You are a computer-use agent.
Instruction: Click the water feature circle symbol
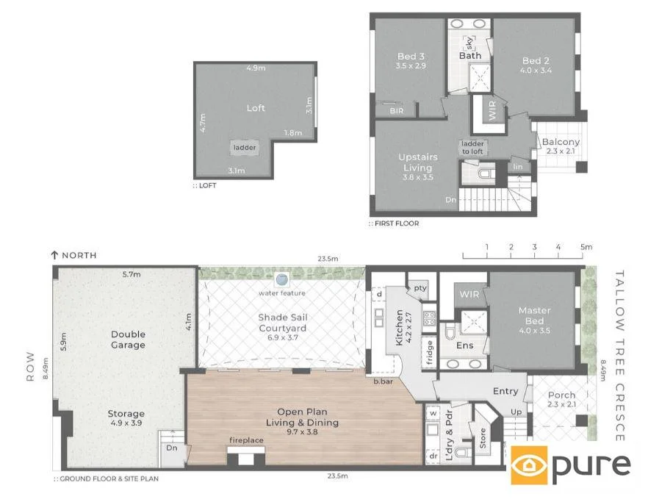click(281, 279)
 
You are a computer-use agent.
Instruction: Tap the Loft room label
click(256, 108)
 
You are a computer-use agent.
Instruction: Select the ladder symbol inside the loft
click(245, 148)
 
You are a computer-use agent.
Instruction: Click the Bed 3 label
click(410, 57)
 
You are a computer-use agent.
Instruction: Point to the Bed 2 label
click(536, 61)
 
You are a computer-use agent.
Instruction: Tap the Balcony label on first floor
click(561, 142)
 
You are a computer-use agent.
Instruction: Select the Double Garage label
click(128, 339)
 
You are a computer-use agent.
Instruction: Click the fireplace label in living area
click(246, 440)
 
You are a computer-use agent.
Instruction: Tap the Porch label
click(562, 395)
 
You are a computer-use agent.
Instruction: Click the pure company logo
click(571, 465)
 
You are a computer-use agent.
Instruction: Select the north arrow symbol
click(54, 255)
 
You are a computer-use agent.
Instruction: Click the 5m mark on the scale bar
click(586, 247)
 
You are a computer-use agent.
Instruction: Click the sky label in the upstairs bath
click(470, 43)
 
